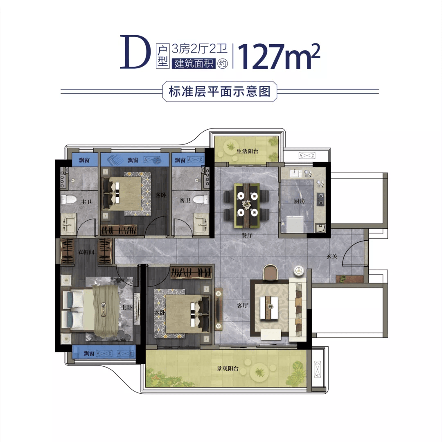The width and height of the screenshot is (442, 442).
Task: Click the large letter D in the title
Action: (133, 52)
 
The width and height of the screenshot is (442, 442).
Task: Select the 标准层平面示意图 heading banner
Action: (220, 92)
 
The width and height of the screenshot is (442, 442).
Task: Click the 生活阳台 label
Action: (247, 151)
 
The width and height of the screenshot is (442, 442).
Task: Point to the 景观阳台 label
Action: (228, 368)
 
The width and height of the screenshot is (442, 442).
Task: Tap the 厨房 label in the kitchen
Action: (299, 201)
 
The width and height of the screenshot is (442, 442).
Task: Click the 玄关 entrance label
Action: (332, 256)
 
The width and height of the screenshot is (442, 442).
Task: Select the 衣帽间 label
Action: (86, 252)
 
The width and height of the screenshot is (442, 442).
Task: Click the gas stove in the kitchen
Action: (320, 199)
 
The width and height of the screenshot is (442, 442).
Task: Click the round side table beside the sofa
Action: (298, 271)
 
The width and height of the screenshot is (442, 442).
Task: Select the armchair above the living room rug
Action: (271, 272)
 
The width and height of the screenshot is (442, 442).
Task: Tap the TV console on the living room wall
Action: (219, 309)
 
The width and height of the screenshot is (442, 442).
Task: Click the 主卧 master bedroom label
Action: (126, 307)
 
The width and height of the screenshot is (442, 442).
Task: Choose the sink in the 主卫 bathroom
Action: (68, 223)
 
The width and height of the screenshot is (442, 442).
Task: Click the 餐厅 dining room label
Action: (247, 235)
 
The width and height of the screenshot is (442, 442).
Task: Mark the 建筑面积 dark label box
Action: (194, 63)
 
